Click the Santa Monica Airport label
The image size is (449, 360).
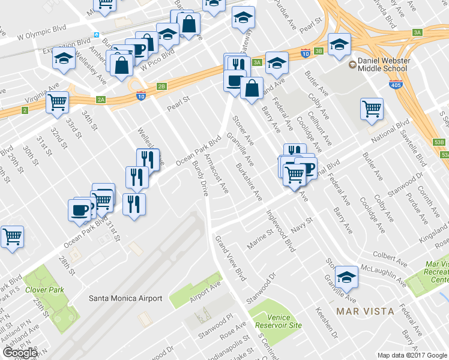click(x=125, y=298)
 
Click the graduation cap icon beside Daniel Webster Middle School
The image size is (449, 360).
click(x=339, y=45)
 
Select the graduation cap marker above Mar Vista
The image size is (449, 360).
click(x=346, y=277)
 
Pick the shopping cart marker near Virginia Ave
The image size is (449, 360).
click(x=58, y=102)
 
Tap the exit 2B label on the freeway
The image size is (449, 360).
click(x=161, y=86)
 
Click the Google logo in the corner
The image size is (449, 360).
click(x=20, y=352)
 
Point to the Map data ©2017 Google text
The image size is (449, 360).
click(x=412, y=355)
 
